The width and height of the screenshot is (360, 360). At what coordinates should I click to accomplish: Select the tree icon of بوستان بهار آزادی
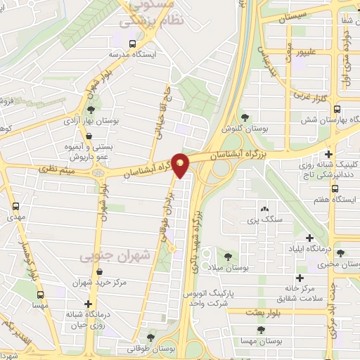[90, 109]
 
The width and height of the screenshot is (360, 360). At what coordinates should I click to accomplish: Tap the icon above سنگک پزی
[264, 209]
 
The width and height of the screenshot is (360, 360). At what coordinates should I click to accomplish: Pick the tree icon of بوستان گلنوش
[244, 117]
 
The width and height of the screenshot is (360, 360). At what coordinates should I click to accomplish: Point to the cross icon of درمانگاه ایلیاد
[310, 238]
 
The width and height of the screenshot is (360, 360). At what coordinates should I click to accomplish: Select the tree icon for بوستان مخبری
[340, 253]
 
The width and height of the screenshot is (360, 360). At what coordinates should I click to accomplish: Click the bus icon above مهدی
[16, 207]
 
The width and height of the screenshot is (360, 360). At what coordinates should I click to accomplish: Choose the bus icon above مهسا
[40, 296]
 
